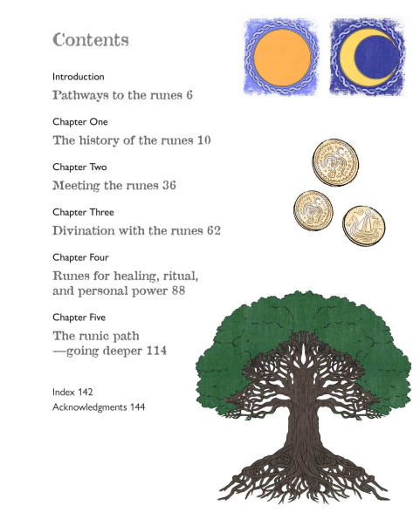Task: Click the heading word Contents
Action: [91, 40]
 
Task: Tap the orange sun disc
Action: [281, 55]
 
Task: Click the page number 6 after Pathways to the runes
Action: [189, 94]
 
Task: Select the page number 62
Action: [213, 231]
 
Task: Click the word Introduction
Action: [79, 77]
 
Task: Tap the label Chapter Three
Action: [83, 212]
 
